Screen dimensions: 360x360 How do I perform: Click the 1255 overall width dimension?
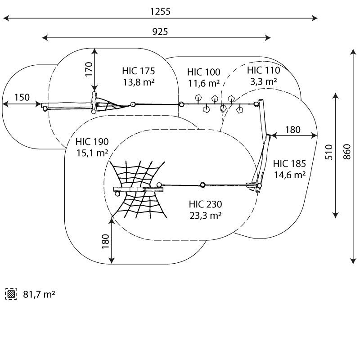pyautogui.click(x=160, y=12)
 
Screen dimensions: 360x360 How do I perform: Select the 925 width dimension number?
pyautogui.click(x=160, y=31)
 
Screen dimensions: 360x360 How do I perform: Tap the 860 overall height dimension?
pyautogui.click(x=347, y=152)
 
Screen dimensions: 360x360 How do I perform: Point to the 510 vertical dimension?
pyautogui.click(x=329, y=152)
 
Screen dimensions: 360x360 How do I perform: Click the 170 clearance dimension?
pyautogui.click(x=89, y=69)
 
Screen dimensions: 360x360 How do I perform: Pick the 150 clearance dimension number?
pyautogui.click(x=22, y=97)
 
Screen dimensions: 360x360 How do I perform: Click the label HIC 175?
pyautogui.click(x=139, y=71)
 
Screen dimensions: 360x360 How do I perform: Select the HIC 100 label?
pyautogui.click(x=204, y=72)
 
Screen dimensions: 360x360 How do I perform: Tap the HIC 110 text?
pyautogui.click(x=264, y=70)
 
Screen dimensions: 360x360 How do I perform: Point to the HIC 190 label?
pyautogui.click(x=92, y=142)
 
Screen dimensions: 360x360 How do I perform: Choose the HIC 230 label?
pyautogui.click(x=206, y=204)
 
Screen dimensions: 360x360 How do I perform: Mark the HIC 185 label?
pyautogui.click(x=289, y=164)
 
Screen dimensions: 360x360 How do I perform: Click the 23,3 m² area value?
pyautogui.click(x=206, y=216)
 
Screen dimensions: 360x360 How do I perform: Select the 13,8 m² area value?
pyautogui.click(x=139, y=82)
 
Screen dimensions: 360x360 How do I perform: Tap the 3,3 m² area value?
pyautogui.click(x=264, y=81)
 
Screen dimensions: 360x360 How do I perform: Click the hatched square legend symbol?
pyautogui.click(x=11, y=294)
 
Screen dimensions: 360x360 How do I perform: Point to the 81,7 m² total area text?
pyautogui.click(x=39, y=294)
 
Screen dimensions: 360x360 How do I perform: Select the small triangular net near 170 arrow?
pyautogui.click(x=112, y=104)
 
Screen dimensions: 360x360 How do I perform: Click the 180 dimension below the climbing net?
pyautogui.click(x=105, y=241)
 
